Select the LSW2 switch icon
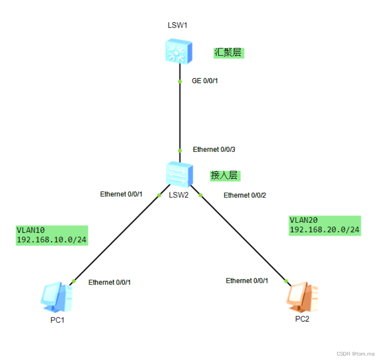click(179, 174)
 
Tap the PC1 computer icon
click(56, 297)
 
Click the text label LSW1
click(177, 25)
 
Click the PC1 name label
click(58, 320)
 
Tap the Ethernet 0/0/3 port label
click(214, 150)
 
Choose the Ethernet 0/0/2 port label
click(245, 195)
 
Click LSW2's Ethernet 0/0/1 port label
click(121, 194)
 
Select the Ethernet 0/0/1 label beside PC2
click(247, 280)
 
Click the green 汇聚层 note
click(229, 53)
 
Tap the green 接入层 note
click(224, 176)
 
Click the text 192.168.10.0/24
click(51, 240)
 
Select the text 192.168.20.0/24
click(324, 230)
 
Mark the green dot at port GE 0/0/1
click(180, 82)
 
